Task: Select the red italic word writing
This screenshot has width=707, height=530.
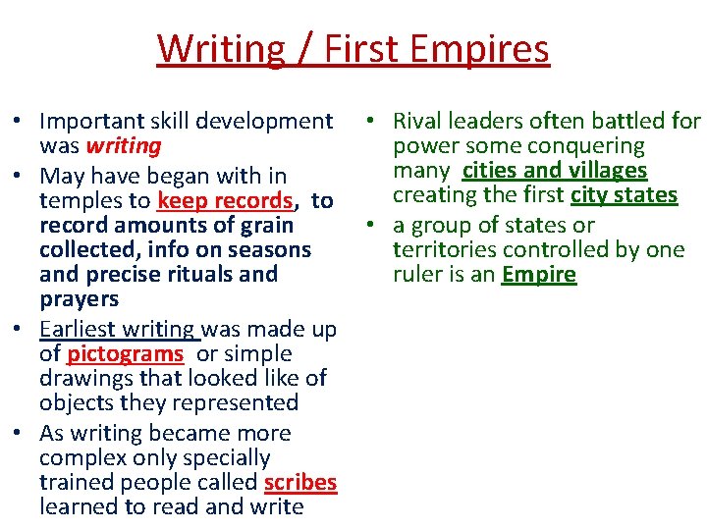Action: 124,146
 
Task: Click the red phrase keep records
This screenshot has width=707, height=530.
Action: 225,201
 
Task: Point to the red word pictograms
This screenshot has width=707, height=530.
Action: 126,353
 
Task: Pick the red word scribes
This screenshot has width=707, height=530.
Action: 300,483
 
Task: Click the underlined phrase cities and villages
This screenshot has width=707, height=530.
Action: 555,171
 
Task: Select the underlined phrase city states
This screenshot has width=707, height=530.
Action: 625,195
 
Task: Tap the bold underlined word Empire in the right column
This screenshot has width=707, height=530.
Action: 539,275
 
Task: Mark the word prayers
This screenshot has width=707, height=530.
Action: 80,299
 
